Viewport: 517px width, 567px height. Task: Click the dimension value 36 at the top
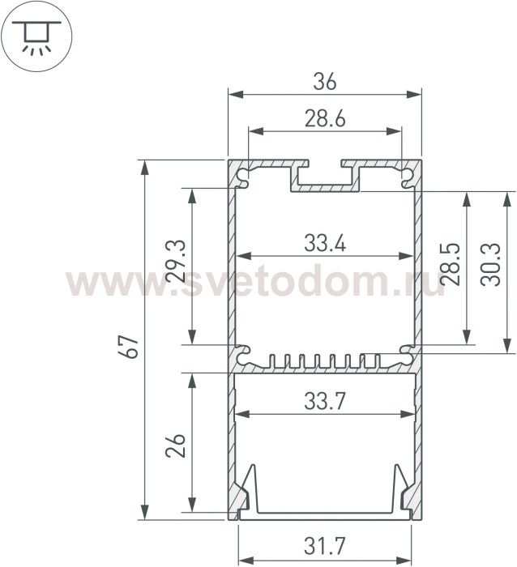[x=325, y=81]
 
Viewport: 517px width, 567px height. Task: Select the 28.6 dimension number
[x=325, y=118]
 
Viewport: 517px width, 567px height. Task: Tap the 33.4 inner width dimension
[x=325, y=243]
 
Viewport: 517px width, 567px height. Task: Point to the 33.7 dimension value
[x=325, y=401]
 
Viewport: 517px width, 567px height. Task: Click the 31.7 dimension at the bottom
[x=325, y=546]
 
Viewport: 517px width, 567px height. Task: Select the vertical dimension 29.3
[x=176, y=261]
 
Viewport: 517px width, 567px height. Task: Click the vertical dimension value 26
[x=176, y=446]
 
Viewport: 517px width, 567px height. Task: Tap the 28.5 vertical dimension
[x=451, y=264]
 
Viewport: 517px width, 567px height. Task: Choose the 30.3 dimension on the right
[x=490, y=264]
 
